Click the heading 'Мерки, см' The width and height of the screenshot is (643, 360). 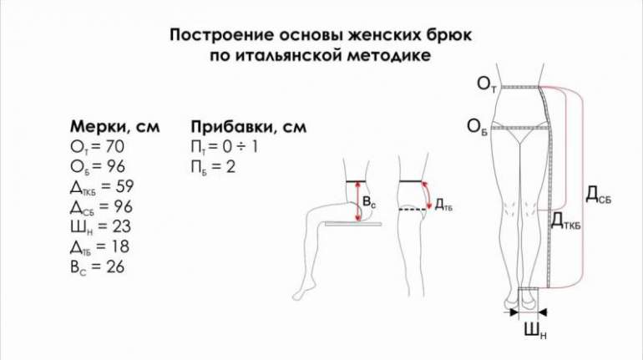tap(115, 126)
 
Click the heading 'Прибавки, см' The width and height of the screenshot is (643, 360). tap(249, 126)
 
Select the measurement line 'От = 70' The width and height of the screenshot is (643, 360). tap(97, 146)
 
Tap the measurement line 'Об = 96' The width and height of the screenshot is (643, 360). tap(98, 166)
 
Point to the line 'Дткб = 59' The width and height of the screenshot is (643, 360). tap(102, 186)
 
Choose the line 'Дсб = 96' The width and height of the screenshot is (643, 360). tap(101, 206)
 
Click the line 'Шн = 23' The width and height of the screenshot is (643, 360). tap(100, 226)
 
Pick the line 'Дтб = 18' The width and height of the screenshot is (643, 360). tap(99, 247)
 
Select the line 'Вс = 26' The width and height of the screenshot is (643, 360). tap(97, 267)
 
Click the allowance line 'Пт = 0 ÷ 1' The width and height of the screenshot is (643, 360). tap(225, 146)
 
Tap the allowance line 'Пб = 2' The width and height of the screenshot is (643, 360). tap(213, 167)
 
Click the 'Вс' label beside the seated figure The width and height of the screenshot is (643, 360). tap(369, 202)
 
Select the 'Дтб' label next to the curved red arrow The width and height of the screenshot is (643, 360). tap(443, 205)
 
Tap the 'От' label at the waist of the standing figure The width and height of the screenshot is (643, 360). tap(487, 84)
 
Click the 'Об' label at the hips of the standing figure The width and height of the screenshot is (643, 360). tap(477, 127)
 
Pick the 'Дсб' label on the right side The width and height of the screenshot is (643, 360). tap(598, 195)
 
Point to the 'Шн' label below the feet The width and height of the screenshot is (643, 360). tap(535, 331)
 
